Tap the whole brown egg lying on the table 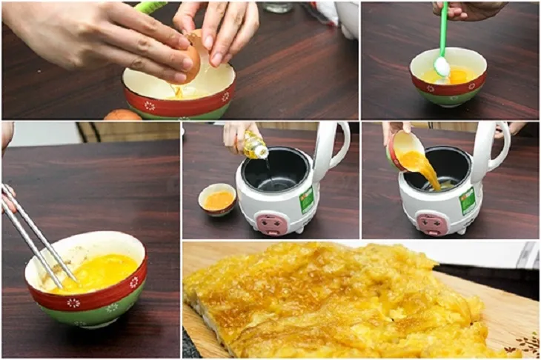tap(122, 115)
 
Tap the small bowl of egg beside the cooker tap(217, 199)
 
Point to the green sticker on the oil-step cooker tap(306, 199)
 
